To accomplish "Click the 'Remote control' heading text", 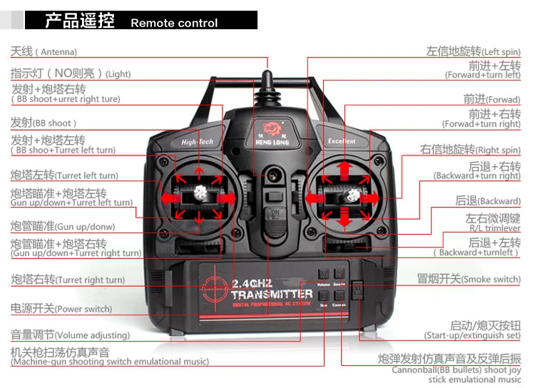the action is pos(174,22).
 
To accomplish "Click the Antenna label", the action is pos(44,51).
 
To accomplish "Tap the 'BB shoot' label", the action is pos(43,123).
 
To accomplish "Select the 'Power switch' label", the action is pos(61,309).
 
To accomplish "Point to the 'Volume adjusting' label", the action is pos(70,335).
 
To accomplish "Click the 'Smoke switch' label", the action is pos(469,279).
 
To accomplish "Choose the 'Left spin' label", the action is pos(474,51).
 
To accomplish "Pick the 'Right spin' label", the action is pos(471,150).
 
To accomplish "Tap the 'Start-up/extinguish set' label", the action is pos(472,330).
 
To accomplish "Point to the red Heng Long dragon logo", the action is pos(271,129).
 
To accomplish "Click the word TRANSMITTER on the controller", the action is pos(272,294).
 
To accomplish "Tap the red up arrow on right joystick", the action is pos(345,168).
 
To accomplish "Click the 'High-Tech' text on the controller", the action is pos(197,142).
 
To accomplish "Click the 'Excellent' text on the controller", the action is pos(342,141).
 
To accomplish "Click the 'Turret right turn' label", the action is pos(68,280).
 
